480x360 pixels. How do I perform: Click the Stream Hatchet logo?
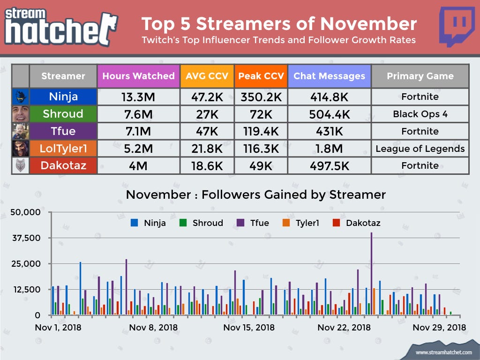61,27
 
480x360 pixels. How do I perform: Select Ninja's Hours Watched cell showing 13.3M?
138,97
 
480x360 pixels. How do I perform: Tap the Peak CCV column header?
261,76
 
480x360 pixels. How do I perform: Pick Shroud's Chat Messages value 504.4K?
329,114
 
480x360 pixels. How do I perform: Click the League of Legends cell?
420,149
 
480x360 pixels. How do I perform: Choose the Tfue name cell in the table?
63,131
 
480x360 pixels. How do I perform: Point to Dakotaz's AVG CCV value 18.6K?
207,165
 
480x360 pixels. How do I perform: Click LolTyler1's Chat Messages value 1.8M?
329,149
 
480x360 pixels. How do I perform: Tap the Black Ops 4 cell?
420,114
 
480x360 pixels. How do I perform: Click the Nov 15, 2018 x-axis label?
249,327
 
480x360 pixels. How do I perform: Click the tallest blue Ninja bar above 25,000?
80,288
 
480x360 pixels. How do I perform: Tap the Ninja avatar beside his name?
21,97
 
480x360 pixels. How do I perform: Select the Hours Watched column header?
138,76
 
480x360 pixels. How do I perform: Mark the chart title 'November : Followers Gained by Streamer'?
256,195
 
